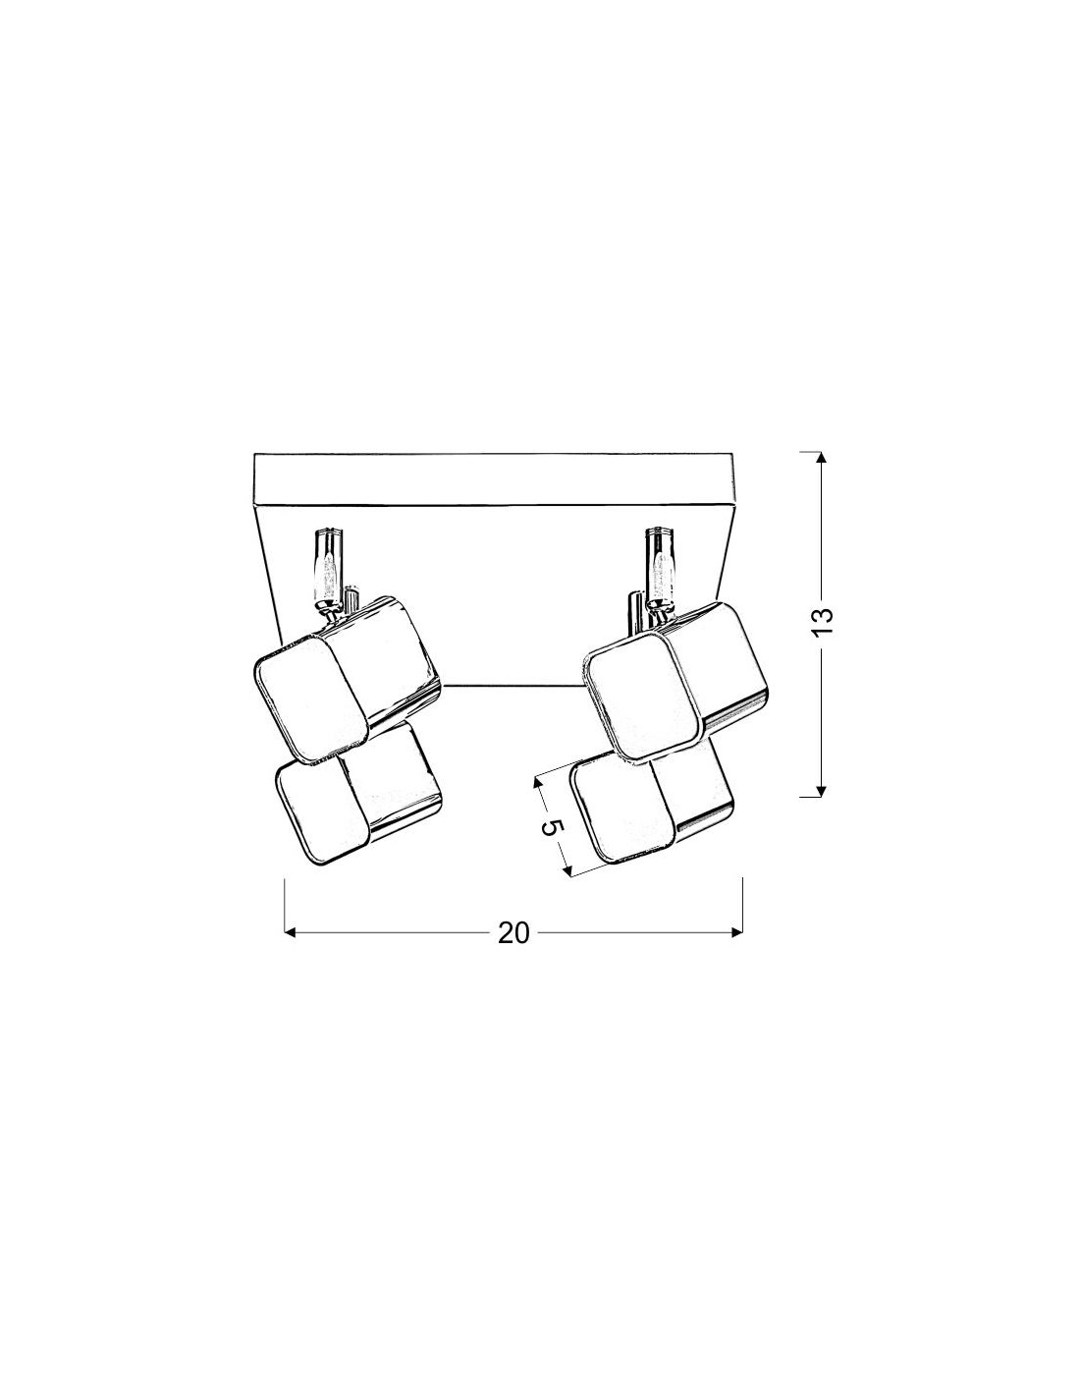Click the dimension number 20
[x=513, y=933]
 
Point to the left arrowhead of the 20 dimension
[x=290, y=933]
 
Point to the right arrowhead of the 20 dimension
[x=737, y=933]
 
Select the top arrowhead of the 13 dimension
[x=821, y=457]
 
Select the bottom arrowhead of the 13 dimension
[x=821, y=792]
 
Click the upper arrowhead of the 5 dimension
[x=538, y=782]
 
